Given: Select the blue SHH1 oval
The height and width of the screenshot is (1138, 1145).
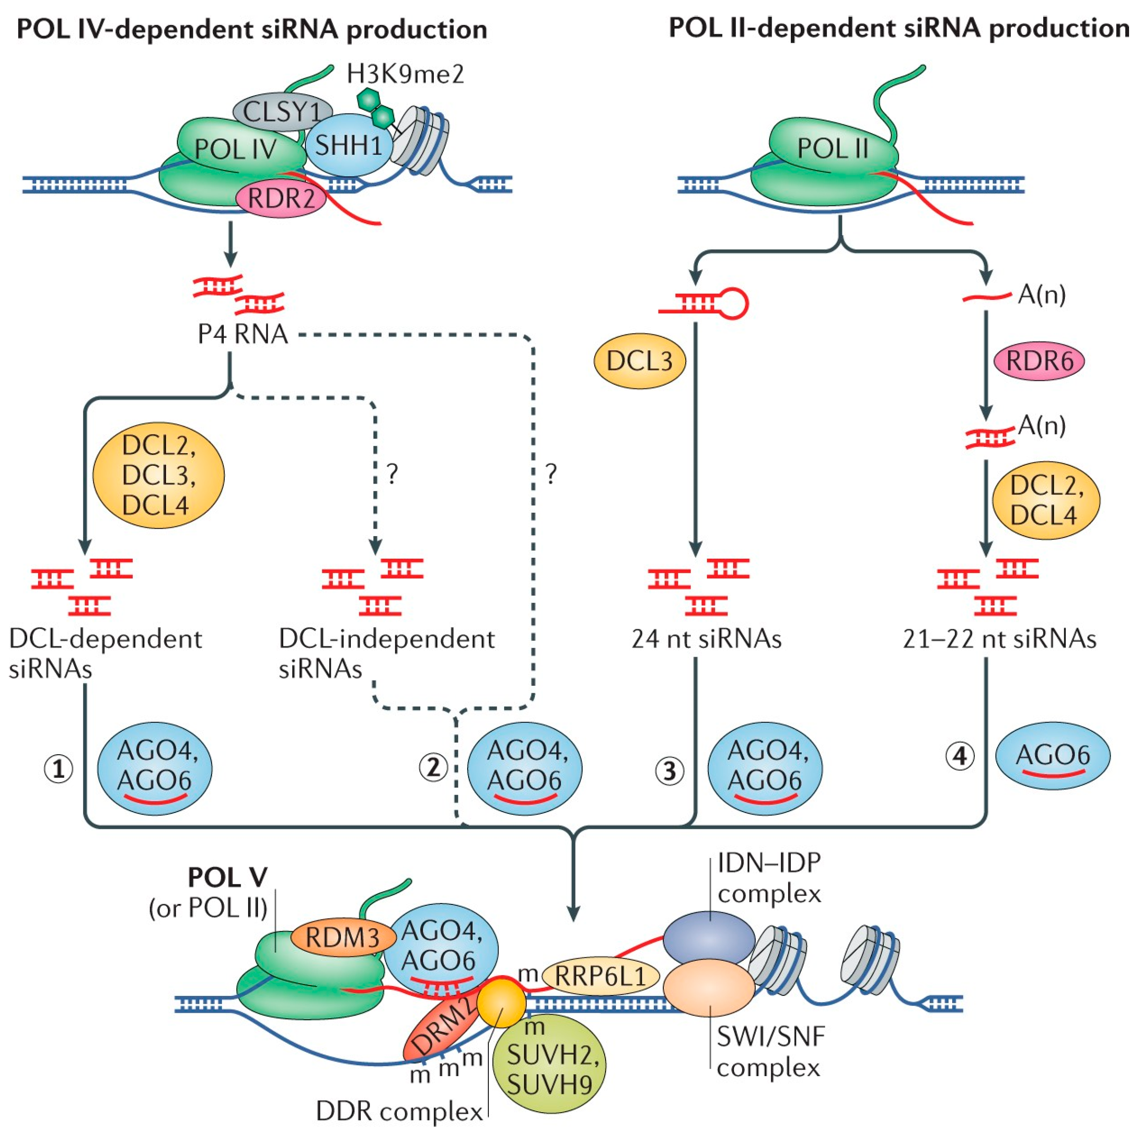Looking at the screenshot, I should tap(349, 146).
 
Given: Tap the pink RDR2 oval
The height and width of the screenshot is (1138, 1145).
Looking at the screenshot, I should tap(281, 198).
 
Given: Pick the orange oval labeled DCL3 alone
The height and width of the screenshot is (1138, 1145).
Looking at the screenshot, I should tap(639, 360).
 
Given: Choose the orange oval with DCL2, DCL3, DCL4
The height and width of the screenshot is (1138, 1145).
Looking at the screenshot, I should tap(158, 475).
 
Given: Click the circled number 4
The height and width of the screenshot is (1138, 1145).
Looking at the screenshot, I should tap(960, 756).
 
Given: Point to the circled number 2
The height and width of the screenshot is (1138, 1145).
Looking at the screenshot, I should tap(433, 767).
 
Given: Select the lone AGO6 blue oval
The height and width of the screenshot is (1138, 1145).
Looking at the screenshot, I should tap(1053, 755).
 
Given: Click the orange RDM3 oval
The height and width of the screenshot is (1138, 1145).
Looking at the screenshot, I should tap(342, 938).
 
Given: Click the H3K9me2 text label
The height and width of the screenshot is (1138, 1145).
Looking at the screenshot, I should tap(405, 74).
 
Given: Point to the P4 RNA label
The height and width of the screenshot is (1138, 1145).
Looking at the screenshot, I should tap(243, 334).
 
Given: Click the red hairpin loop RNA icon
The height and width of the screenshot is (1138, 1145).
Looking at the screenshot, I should tap(704, 304).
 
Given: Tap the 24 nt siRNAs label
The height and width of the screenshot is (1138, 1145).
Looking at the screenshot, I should tap(706, 639).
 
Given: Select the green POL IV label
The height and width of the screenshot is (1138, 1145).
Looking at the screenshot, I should tap(235, 149).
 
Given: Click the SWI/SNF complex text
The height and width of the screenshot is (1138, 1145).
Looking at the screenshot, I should tap(770, 1052).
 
